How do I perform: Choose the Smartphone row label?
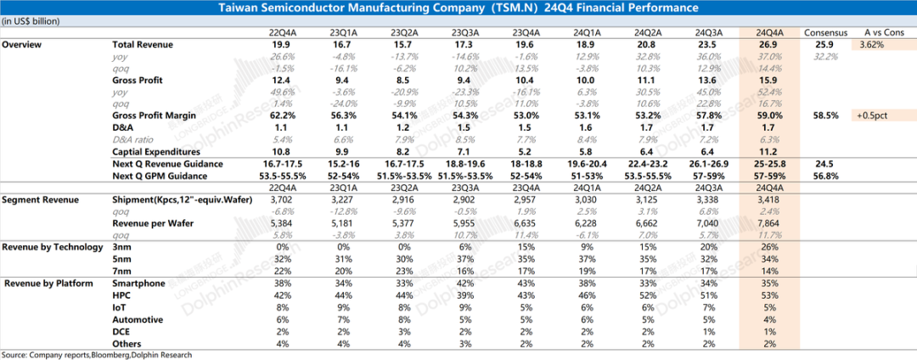click(x=139, y=284)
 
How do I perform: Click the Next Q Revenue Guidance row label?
click(x=167, y=163)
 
